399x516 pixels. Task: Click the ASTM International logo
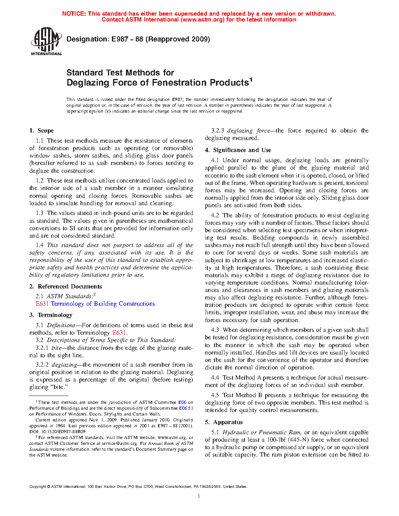(x=46, y=41)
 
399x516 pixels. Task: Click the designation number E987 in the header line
(x=119, y=39)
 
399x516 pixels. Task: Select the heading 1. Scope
(x=41, y=131)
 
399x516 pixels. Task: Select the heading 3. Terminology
(x=51, y=315)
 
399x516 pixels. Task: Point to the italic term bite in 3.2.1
(x=56, y=348)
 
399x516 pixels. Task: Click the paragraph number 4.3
(x=215, y=330)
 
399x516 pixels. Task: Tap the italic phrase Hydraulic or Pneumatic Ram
(x=262, y=432)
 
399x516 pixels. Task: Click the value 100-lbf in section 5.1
(x=276, y=440)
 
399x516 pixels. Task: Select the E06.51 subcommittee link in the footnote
(x=186, y=408)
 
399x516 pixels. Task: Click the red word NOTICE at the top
(x=74, y=14)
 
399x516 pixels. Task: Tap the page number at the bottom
(x=199, y=496)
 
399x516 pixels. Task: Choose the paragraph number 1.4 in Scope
(x=40, y=245)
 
